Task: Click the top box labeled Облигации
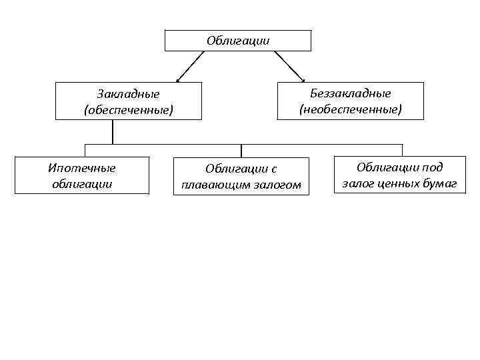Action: coord(238,41)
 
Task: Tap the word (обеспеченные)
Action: coord(128,109)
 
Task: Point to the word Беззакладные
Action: coord(351,93)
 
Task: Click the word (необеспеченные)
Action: coord(351,108)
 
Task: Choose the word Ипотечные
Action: coord(82,168)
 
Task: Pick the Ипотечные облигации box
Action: coord(82,175)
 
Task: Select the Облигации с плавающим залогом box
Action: coord(241,177)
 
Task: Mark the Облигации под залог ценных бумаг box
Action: coord(399,175)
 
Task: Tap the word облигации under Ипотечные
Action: coord(82,183)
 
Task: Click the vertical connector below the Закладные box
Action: coord(113,132)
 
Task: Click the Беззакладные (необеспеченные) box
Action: coord(351,101)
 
